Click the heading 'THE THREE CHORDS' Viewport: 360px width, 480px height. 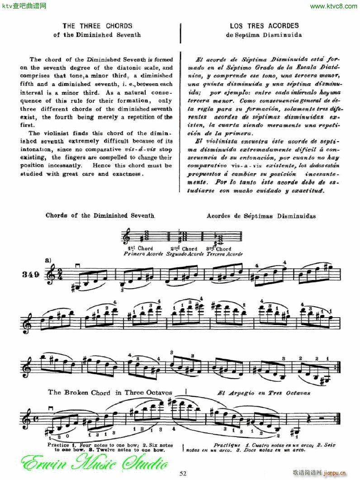pos(97,26)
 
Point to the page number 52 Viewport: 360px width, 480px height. pos(183,473)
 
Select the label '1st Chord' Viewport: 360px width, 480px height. pos(141,248)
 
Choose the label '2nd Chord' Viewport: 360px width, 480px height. pos(184,248)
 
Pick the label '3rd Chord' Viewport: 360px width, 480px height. pos(218,248)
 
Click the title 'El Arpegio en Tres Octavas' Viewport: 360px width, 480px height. pos(264,393)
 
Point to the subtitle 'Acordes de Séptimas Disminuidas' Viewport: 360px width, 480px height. pos(261,216)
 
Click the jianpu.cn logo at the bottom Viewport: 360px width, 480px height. pos(337,473)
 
